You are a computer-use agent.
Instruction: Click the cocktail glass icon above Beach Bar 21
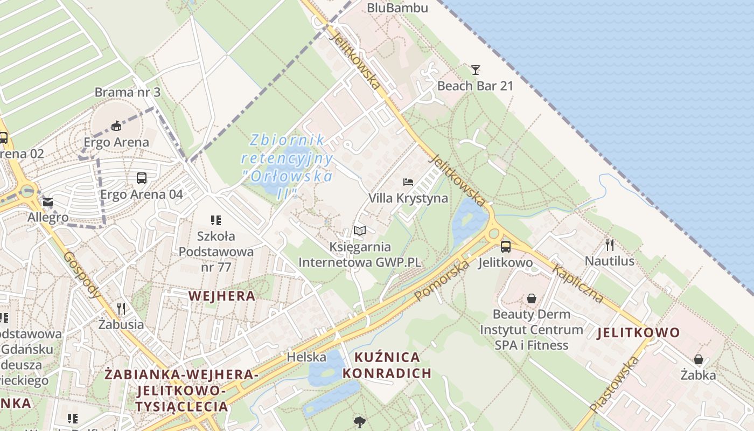click(475, 69)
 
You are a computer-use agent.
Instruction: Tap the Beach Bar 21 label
click(475, 86)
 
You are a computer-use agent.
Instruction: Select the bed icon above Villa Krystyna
click(408, 182)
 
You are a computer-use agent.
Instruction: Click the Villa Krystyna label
click(408, 198)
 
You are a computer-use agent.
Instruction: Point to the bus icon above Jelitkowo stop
click(505, 247)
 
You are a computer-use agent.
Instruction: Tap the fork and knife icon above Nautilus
click(610, 245)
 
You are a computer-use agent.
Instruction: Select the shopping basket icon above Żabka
click(698, 359)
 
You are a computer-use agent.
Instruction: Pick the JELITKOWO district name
click(638, 332)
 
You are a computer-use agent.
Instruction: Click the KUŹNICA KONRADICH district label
click(387, 365)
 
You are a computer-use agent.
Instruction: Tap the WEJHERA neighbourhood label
click(222, 295)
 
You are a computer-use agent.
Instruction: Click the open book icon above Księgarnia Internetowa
click(359, 231)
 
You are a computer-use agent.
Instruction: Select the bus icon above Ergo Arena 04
click(142, 178)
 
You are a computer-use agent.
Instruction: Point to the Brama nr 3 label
click(128, 92)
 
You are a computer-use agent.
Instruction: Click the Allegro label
click(48, 218)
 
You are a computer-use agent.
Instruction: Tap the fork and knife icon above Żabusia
click(121, 308)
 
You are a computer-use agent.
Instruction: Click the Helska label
click(306, 357)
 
